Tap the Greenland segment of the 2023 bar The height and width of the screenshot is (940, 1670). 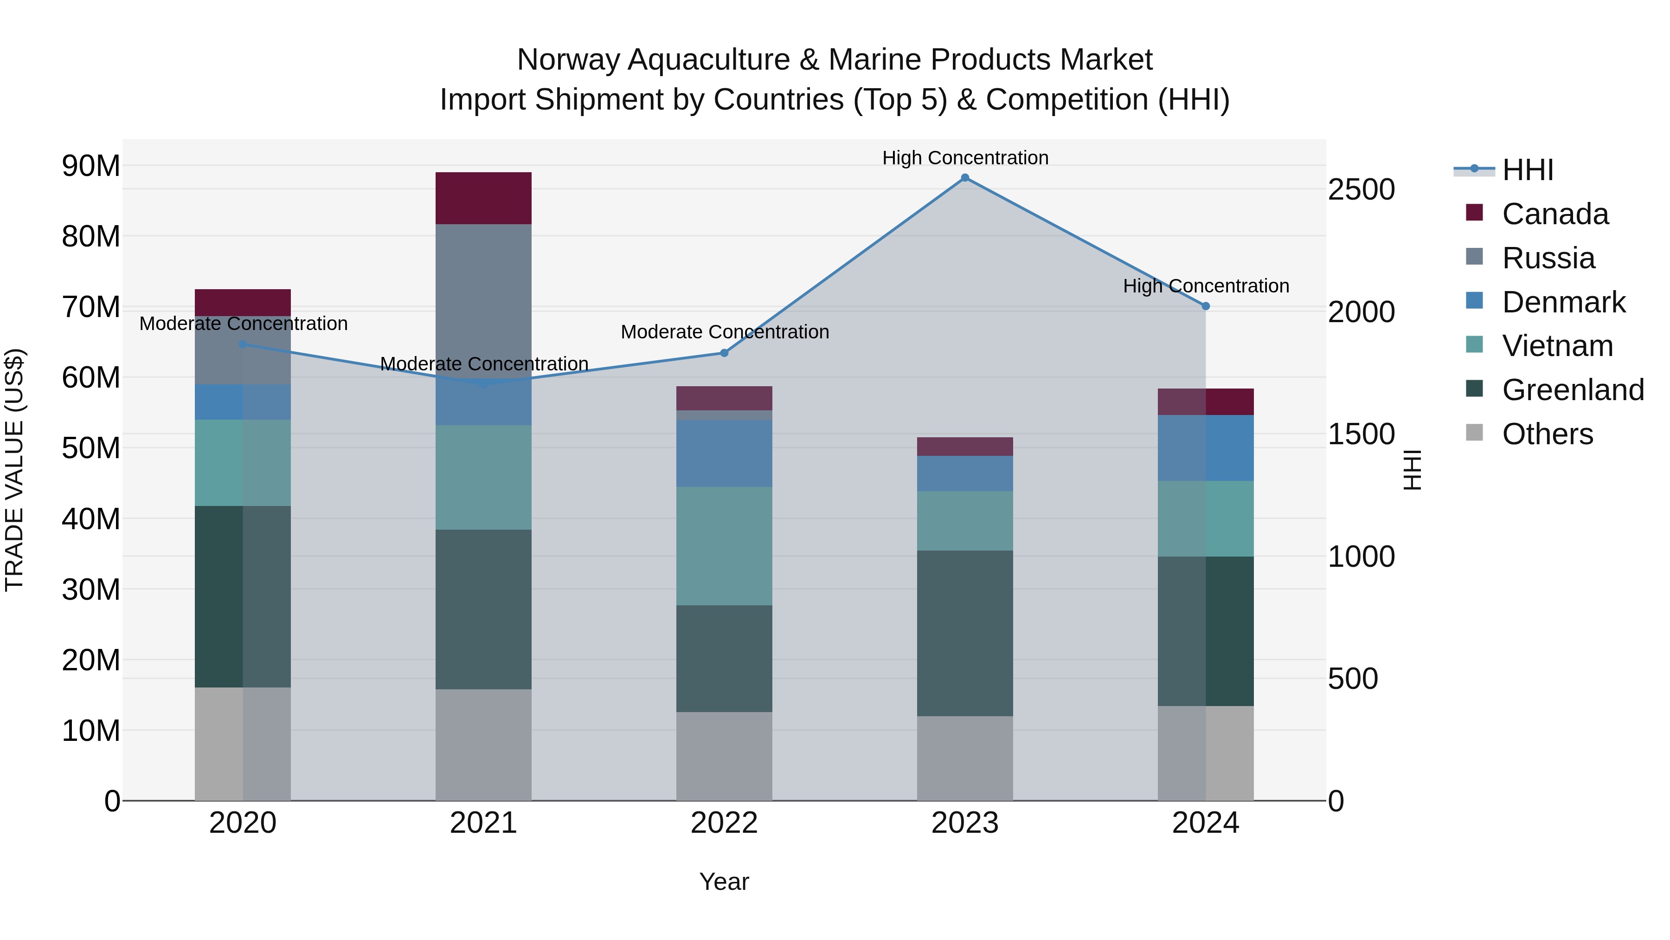[965, 633]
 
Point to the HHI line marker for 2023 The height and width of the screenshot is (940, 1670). [965, 178]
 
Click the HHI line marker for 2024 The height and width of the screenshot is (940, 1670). [1206, 306]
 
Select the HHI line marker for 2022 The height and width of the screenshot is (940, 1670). [724, 353]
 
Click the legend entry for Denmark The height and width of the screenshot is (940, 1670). [1562, 302]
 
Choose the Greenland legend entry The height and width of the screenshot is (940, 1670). [1572, 390]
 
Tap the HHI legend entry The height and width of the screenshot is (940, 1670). [1527, 170]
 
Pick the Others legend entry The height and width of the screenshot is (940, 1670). [1547, 434]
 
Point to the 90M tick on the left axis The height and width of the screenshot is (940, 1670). [91, 166]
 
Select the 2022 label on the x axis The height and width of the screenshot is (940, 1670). [724, 823]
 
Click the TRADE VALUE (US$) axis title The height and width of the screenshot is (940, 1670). [14, 470]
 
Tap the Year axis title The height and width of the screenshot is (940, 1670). [724, 882]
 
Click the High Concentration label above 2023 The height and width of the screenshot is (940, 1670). [965, 158]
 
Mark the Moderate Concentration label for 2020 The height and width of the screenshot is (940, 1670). [243, 323]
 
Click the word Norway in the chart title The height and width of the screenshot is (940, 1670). [568, 60]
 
